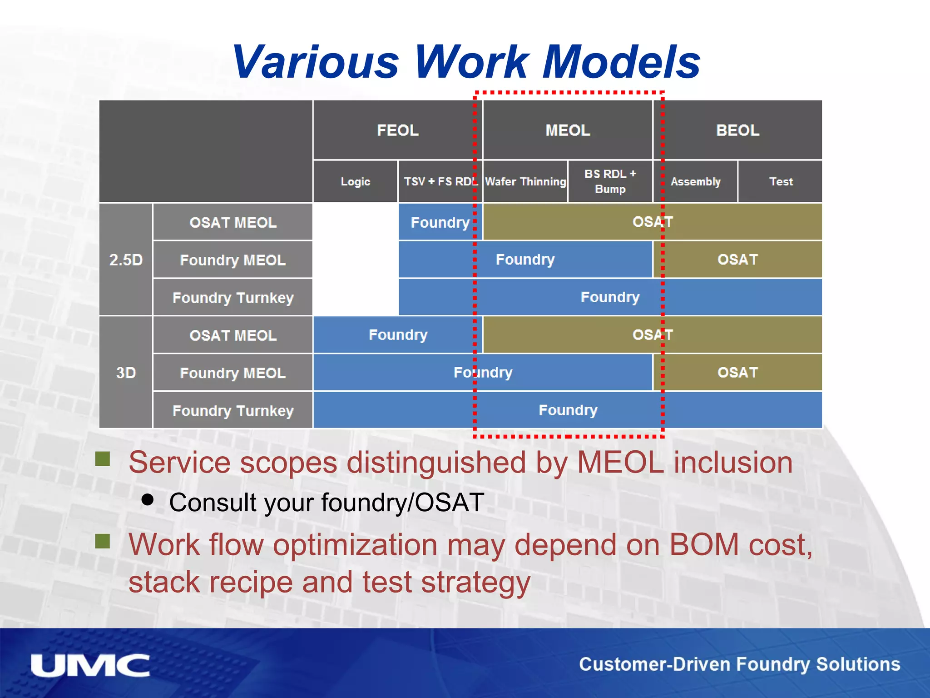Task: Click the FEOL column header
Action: (x=397, y=130)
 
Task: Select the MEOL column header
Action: (x=568, y=130)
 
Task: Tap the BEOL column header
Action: (x=737, y=130)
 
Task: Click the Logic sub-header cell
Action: (x=355, y=181)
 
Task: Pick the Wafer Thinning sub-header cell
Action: (x=525, y=181)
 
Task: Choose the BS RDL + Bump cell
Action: (x=610, y=181)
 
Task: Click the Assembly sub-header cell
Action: (x=695, y=181)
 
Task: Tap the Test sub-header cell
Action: (x=781, y=181)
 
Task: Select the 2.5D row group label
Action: (x=126, y=259)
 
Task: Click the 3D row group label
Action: (x=126, y=373)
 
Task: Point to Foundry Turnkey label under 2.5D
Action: (x=233, y=298)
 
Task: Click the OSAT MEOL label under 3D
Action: (x=233, y=335)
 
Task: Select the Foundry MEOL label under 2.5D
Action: (x=233, y=260)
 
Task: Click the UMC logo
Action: (x=90, y=666)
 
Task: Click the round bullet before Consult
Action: (x=148, y=500)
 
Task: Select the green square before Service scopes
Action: (x=103, y=459)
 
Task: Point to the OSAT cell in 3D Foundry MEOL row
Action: (x=737, y=373)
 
